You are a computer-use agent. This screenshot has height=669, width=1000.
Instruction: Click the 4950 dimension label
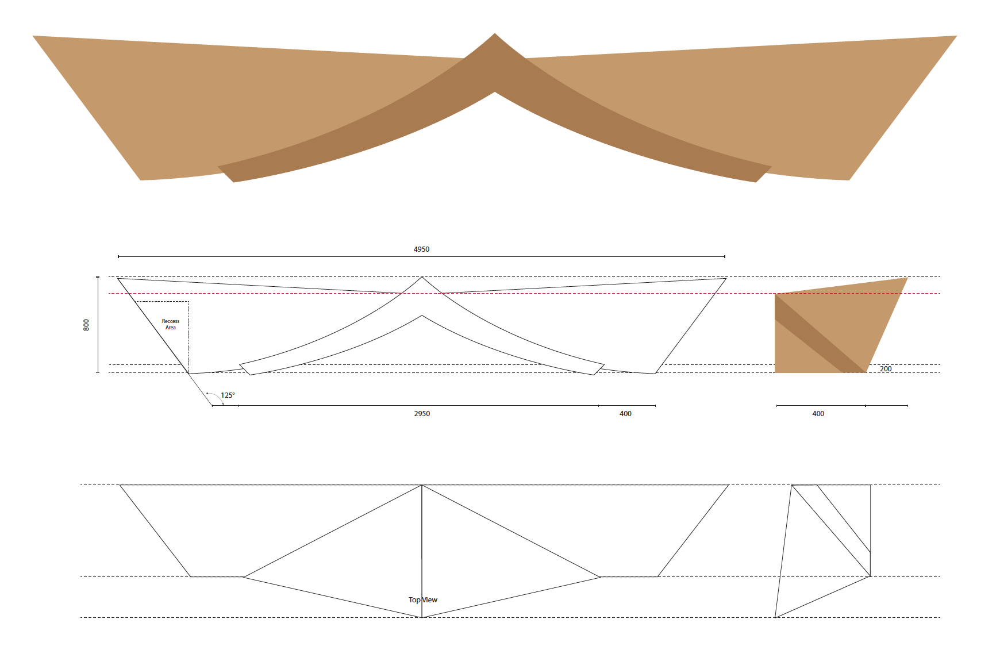(421, 249)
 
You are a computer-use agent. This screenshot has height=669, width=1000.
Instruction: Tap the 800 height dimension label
(87, 325)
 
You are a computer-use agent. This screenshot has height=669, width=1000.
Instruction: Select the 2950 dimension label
(422, 414)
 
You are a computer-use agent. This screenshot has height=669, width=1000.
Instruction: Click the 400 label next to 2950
(625, 414)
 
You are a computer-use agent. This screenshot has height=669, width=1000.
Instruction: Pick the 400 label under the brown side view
(818, 414)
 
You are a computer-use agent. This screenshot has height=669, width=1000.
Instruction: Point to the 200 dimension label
(886, 369)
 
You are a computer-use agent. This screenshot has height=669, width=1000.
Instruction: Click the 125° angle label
(228, 395)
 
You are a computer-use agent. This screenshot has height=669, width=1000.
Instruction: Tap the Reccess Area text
(171, 324)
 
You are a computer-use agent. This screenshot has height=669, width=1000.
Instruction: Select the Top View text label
(423, 600)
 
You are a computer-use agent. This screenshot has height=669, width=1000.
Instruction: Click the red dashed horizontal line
(575, 294)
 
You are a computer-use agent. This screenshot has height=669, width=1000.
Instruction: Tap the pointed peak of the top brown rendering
(495, 34)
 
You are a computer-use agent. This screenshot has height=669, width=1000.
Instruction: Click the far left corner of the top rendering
(34, 37)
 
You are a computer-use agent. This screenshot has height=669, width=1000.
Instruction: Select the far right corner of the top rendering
(955, 37)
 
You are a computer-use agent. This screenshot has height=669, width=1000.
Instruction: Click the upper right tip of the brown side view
(906, 279)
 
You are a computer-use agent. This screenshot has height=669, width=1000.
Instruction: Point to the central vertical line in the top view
(422, 546)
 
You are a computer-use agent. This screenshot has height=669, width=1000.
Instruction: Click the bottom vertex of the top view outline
(422, 617)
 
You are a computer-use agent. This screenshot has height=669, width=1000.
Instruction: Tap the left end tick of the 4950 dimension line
(118, 256)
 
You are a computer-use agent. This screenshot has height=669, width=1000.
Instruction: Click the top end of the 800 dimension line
(98, 277)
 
